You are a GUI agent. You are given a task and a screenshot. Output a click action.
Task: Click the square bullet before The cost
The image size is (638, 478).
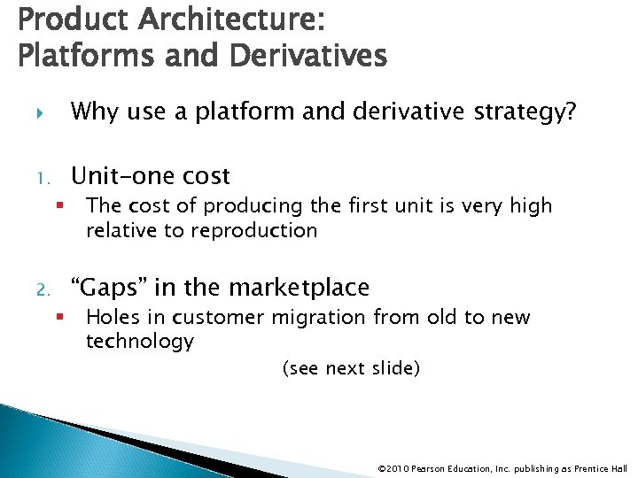click(57, 206)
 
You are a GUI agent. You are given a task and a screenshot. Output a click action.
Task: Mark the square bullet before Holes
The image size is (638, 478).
click(57, 318)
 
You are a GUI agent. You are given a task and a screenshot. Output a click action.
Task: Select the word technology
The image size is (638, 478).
click(140, 342)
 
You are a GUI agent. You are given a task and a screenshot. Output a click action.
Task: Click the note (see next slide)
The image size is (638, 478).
click(350, 368)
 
